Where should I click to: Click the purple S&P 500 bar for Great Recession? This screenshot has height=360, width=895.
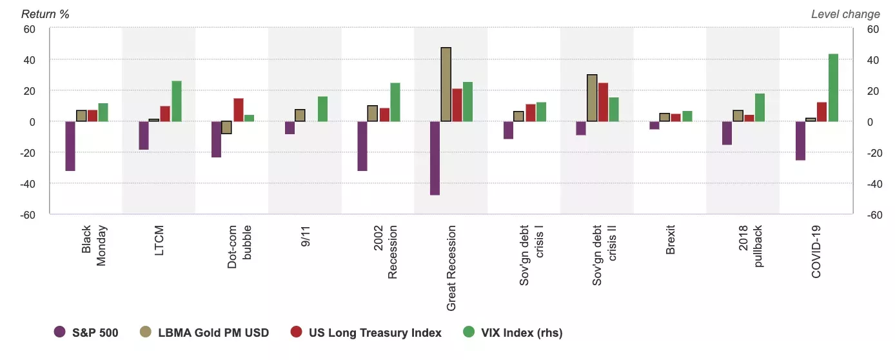[x=435, y=158]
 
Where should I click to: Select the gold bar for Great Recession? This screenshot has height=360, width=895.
[x=446, y=85]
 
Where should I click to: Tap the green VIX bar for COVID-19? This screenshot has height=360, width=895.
[x=832, y=88]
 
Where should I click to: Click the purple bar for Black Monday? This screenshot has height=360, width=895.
[x=70, y=146]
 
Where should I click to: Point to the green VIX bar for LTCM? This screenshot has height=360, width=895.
[x=176, y=101]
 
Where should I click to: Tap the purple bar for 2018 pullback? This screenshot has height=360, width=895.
[x=727, y=133]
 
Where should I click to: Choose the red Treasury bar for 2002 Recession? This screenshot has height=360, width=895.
[x=384, y=115]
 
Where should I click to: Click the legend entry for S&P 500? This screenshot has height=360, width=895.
[x=88, y=333]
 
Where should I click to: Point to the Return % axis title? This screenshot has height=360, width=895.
[x=45, y=14]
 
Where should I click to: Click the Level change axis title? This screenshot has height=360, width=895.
[x=845, y=14]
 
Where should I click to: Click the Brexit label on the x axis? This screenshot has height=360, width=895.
[x=671, y=239]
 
